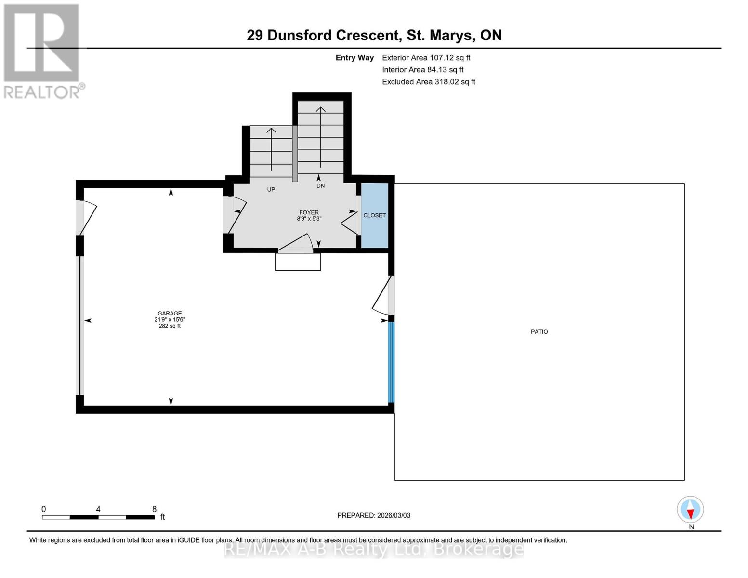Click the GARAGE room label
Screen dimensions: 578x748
[170, 313]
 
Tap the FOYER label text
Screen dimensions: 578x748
[309, 212]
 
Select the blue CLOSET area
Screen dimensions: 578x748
[374, 215]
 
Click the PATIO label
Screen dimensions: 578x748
[539, 332]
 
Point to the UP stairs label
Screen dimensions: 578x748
[271, 190]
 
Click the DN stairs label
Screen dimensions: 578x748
[320, 186]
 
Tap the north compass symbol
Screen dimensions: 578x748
[690, 510]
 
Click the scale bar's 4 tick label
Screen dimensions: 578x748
[98, 509]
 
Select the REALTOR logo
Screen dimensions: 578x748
[42, 51]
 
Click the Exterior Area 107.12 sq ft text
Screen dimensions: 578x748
[426, 58]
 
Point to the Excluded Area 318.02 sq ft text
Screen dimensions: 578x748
[428, 82]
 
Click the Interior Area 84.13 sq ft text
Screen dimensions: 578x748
[422, 70]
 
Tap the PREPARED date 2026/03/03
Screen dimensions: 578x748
[374, 515]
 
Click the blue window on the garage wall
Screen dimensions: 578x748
[391, 362]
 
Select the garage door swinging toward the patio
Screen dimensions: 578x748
[383, 296]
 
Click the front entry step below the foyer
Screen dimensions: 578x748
[298, 262]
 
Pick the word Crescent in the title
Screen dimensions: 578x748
[367, 35]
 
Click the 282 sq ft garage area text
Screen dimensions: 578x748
[170, 326]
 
